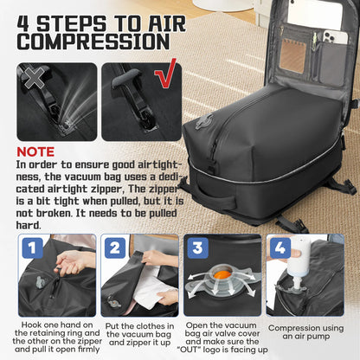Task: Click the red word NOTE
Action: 36,151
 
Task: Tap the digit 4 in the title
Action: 27,16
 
